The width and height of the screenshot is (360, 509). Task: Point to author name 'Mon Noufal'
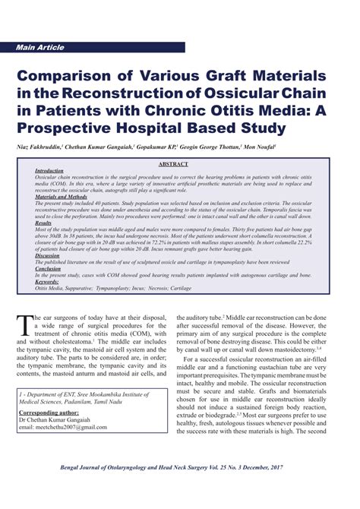click(x=258, y=145)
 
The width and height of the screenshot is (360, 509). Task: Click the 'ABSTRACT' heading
click(x=179, y=164)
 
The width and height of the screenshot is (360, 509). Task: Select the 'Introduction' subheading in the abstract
click(x=49, y=172)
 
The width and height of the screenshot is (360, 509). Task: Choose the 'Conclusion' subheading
click(x=48, y=268)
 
